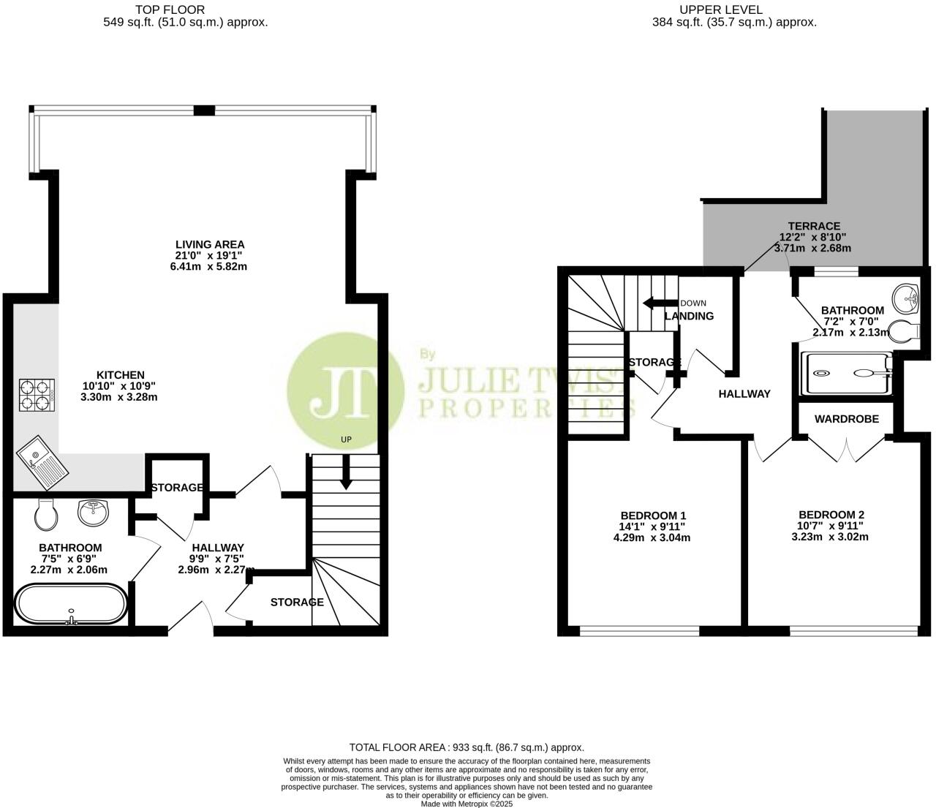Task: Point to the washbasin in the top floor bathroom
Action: coord(94,513)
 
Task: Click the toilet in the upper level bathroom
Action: coord(905,331)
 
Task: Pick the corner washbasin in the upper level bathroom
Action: coord(909,297)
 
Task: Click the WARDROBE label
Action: coord(846,419)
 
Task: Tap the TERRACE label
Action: coord(813,226)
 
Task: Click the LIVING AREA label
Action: coord(210,244)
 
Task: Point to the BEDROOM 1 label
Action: coord(653,515)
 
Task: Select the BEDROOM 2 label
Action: coord(831,514)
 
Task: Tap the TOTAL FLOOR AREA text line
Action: coord(467,747)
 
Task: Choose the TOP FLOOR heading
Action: coord(170,10)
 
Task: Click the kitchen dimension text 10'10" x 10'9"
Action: coord(118,386)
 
